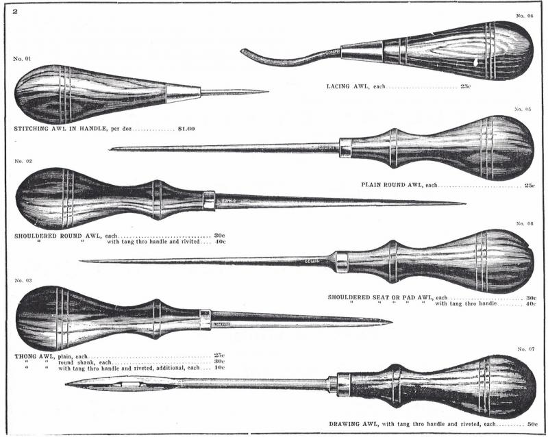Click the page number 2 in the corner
(x=15, y=11)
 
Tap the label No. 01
(x=22, y=59)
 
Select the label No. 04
(x=525, y=16)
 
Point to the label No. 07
(x=526, y=349)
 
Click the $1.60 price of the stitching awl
(x=186, y=129)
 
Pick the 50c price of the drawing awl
(x=532, y=424)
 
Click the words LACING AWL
(x=347, y=86)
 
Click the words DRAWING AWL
(x=353, y=424)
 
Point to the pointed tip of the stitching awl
(x=268, y=92)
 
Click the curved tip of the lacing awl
(x=242, y=51)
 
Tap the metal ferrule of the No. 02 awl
(x=209, y=200)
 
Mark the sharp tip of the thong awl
(x=391, y=322)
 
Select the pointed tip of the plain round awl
(x=110, y=149)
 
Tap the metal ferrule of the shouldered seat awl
(x=342, y=262)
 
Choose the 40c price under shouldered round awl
(x=220, y=242)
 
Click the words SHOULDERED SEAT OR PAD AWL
(x=380, y=297)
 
